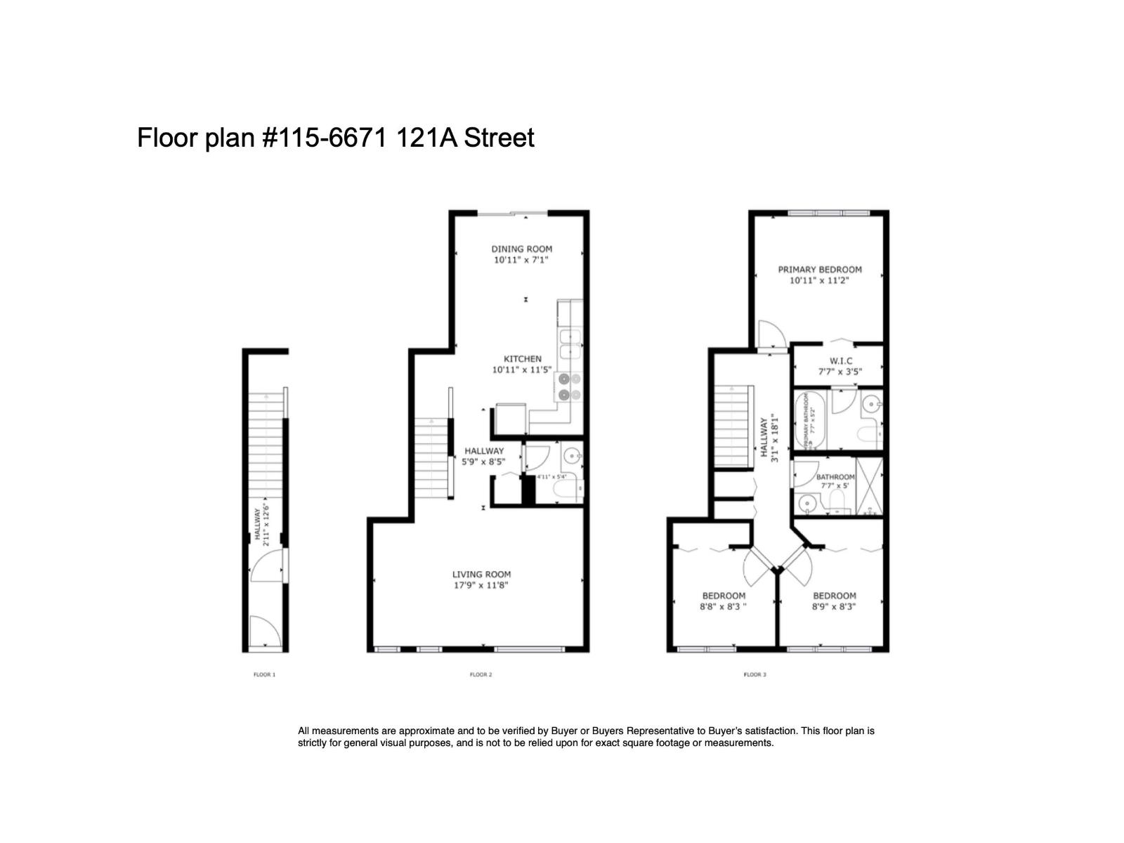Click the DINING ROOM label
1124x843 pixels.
[521, 249]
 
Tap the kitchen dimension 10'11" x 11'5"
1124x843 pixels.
[522, 370]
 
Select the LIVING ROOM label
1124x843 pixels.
[481, 574]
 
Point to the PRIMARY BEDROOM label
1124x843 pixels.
[819, 269]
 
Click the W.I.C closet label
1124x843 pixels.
[840, 360]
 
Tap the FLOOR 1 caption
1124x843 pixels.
[264, 675]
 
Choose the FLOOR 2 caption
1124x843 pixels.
[481, 675]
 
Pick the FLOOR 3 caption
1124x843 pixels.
[754, 675]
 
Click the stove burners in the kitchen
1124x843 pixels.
[570, 387]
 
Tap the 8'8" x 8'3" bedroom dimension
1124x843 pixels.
[723, 606]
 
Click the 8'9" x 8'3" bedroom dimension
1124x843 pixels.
[834, 606]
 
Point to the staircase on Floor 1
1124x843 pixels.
[266, 450]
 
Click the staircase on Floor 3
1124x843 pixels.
[734, 426]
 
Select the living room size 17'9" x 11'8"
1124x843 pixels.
[481, 584]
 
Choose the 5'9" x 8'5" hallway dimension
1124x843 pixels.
[483, 462]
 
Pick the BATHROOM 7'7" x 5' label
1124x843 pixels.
[835, 481]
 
